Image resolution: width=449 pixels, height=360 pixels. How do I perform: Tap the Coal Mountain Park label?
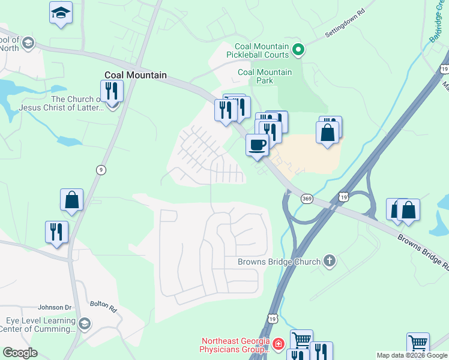point(265,76)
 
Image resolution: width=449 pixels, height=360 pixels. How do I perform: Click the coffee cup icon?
point(258,145)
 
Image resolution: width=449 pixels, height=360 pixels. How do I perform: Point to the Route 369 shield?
point(307,199)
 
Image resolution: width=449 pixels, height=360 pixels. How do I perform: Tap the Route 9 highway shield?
point(101,170)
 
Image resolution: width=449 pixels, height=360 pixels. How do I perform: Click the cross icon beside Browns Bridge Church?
point(328,261)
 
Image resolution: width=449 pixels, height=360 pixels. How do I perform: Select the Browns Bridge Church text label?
point(279,262)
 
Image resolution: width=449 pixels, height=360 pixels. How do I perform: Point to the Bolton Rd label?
point(103,307)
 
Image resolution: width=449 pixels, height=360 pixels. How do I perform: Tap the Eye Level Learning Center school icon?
point(85,324)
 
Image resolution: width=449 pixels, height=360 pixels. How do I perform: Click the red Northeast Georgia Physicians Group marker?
point(278,344)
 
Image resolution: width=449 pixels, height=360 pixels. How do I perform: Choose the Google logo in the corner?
point(20,353)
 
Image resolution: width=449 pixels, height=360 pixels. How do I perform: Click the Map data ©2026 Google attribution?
point(412,355)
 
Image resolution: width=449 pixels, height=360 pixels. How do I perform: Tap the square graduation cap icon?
point(60,13)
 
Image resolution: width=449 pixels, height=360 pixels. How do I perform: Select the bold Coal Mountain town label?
point(135,76)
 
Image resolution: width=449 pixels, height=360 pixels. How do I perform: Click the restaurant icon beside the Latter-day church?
point(112,91)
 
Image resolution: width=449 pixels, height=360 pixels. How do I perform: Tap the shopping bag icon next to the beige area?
point(328,133)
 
